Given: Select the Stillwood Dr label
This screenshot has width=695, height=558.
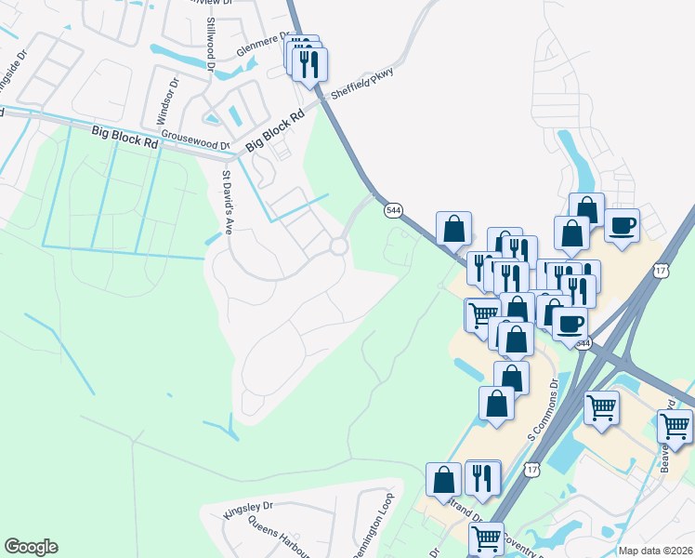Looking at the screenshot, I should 211,44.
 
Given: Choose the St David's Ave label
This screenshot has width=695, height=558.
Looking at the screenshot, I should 226,202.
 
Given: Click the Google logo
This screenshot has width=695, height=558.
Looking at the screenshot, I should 31,547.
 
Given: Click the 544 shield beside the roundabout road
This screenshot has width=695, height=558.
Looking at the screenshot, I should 394,211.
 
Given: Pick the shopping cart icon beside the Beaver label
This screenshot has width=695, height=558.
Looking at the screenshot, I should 675,426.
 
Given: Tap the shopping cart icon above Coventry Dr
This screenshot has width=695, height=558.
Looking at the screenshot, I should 487,538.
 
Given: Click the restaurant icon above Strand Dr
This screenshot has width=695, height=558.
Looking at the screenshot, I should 482,476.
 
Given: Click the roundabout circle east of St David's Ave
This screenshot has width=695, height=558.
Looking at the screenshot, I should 338,246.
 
